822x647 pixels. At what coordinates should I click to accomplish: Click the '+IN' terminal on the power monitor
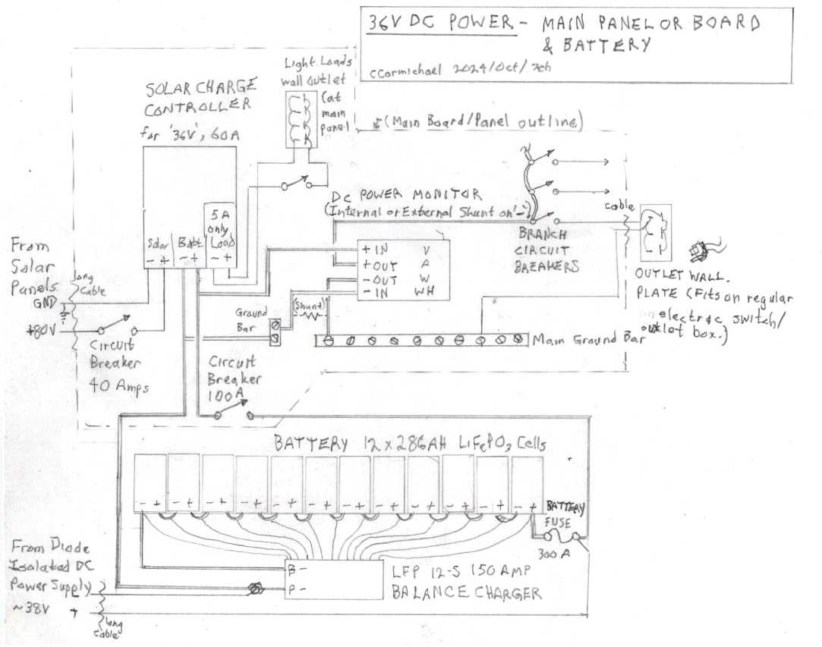click(375, 250)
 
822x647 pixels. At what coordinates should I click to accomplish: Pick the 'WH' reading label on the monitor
click(429, 292)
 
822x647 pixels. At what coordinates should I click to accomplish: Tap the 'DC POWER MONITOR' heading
click(403, 194)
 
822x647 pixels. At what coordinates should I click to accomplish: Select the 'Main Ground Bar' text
click(587, 341)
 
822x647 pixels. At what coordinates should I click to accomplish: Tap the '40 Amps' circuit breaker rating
click(119, 386)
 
